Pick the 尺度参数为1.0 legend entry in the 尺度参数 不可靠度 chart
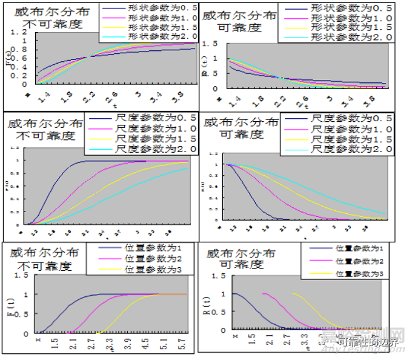tap(149, 128)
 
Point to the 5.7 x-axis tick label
tap(182, 342)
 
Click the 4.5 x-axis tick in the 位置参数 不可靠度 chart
tap(145, 342)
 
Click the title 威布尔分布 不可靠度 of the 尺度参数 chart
tap(44, 130)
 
